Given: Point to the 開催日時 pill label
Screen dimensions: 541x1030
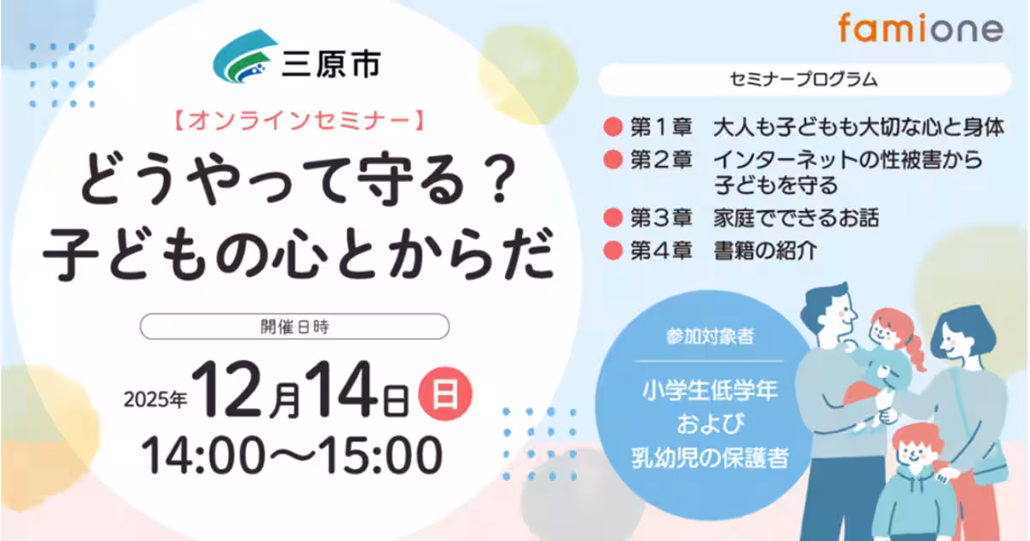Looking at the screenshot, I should click(x=294, y=326).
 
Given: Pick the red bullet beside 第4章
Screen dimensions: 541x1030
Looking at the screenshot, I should click(x=612, y=252).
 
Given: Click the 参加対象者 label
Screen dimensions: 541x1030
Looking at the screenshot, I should click(x=709, y=337).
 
